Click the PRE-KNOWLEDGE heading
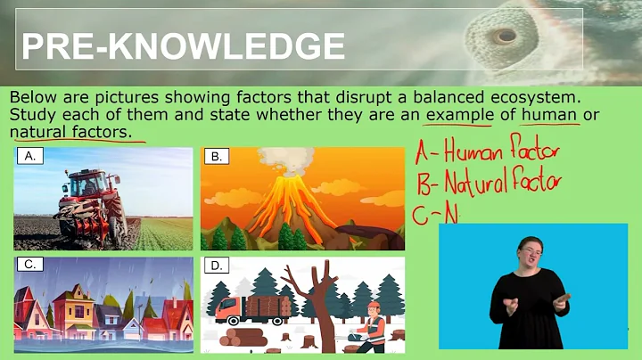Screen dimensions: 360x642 [x=183, y=45]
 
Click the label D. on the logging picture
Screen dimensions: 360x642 [x=217, y=266]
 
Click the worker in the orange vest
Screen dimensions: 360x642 [x=375, y=325]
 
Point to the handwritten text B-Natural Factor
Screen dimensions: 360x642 [x=489, y=184]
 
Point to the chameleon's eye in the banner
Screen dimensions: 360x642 [x=506, y=37]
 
